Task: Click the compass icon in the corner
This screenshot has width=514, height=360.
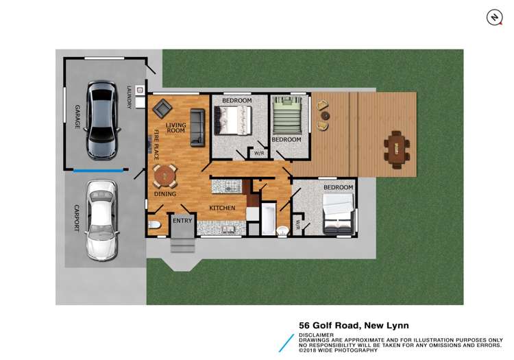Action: (x=494, y=18)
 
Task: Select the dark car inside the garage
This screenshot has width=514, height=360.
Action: (x=101, y=121)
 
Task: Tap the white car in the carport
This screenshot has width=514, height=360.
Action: (x=101, y=220)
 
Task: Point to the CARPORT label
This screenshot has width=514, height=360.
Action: (x=77, y=217)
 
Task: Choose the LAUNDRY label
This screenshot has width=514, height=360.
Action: (x=129, y=97)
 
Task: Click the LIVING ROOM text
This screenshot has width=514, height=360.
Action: (x=175, y=128)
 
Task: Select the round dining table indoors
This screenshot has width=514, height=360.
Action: (x=164, y=176)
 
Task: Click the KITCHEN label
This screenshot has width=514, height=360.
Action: (x=222, y=208)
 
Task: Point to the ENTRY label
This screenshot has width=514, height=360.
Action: (x=182, y=221)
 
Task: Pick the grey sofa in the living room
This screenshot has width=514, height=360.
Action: (x=197, y=127)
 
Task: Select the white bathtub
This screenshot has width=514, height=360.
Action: (x=268, y=219)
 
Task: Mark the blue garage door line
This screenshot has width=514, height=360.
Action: (x=99, y=171)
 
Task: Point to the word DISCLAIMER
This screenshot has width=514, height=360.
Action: (x=317, y=336)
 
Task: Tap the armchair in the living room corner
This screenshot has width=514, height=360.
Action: (x=162, y=108)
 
